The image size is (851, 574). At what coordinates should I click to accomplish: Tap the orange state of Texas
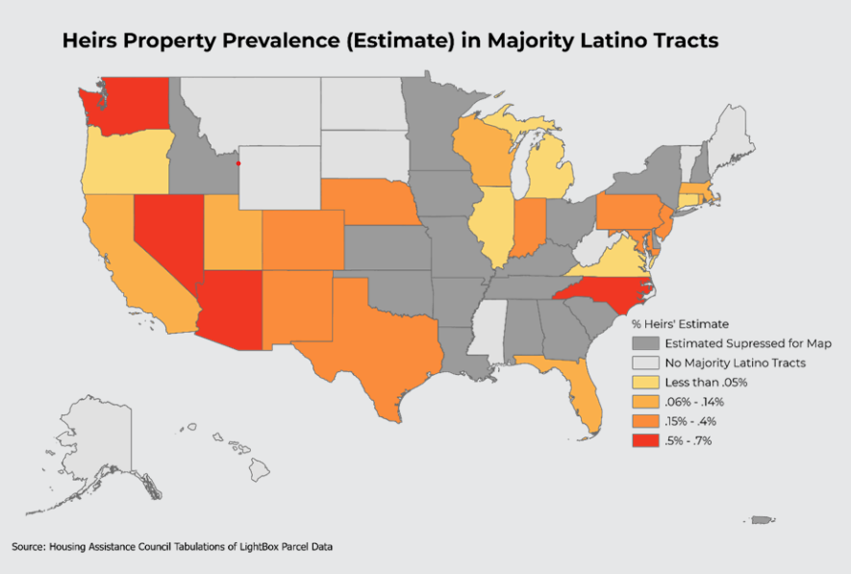coord(374,341)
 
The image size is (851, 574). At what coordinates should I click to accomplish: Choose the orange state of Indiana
coord(528,227)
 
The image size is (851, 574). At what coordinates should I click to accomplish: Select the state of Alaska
coord(98,450)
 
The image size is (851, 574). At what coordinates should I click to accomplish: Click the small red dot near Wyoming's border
coord(238,163)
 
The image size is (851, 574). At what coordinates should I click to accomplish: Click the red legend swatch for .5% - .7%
coord(645,440)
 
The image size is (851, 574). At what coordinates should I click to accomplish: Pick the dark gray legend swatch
coord(645,343)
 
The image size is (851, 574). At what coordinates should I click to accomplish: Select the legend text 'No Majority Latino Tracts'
coord(735,362)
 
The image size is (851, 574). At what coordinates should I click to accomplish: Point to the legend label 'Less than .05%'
coord(706,383)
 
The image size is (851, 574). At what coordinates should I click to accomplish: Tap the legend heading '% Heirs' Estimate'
coord(680,324)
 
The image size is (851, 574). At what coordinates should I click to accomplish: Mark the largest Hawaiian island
coord(260,469)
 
